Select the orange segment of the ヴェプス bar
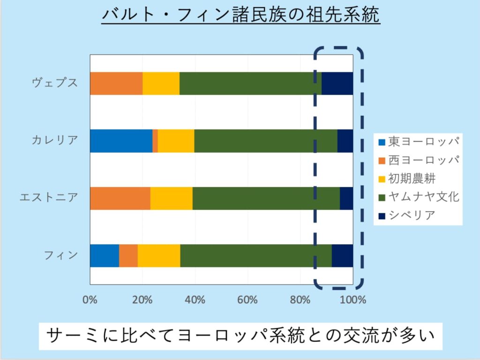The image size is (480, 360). [x=116, y=83]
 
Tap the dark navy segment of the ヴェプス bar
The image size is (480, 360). [x=337, y=83]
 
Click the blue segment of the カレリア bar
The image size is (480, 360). [x=121, y=141]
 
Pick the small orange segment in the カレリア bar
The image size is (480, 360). [x=155, y=141]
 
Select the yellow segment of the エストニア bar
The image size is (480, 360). [x=171, y=198]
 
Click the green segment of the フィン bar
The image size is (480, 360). [x=256, y=255]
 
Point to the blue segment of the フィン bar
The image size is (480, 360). [x=104, y=255]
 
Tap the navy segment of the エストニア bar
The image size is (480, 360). [x=346, y=198]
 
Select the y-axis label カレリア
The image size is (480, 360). [x=54, y=140]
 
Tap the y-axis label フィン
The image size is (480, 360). [x=61, y=255]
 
